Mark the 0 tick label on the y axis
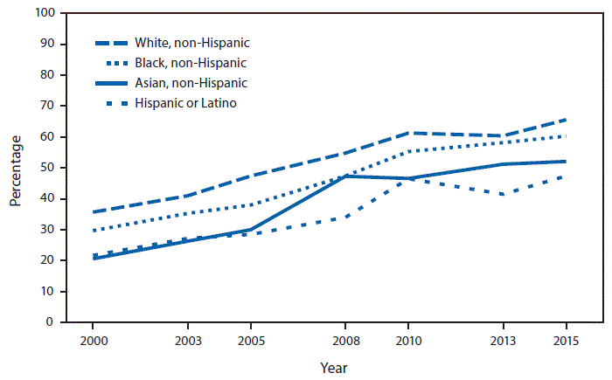click(52, 322)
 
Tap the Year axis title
click(332, 368)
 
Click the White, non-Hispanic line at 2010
click(410, 133)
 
